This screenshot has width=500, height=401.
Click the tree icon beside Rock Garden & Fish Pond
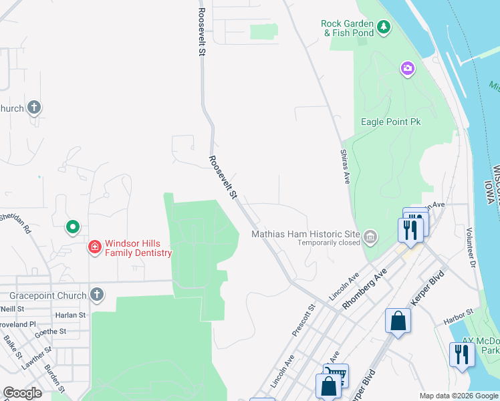click(x=384, y=27)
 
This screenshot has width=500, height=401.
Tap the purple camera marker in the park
click(x=406, y=68)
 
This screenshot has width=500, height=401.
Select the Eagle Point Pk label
click(x=390, y=122)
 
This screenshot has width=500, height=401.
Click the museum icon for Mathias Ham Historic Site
click(x=370, y=235)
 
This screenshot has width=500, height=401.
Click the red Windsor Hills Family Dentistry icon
click(x=95, y=247)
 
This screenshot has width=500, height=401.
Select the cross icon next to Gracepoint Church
click(x=97, y=295)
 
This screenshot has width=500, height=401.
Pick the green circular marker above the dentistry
click(x=73, y=227)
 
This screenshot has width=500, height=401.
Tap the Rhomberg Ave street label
click(x=365, y=289)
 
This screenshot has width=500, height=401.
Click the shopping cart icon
click(x=336, y=375)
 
